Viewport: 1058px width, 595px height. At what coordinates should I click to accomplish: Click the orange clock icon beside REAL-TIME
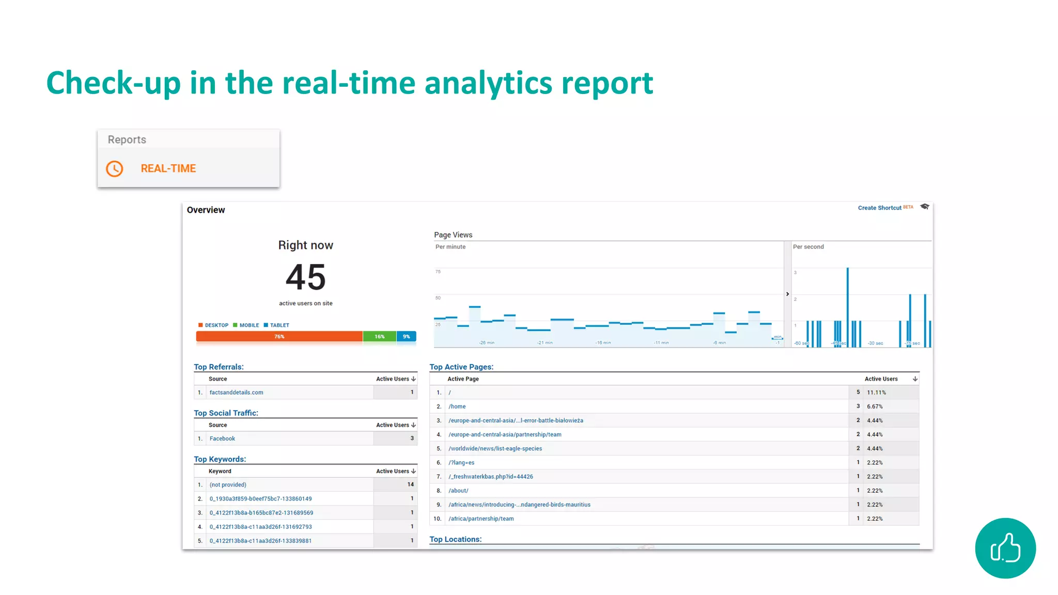pyautogui.click(x=114, y=169)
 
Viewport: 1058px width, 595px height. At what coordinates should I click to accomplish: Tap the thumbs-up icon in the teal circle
pyautogui.click(x=1005, y=548)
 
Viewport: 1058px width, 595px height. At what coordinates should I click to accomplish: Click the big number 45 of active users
pyautogui.click(x=306, y=277)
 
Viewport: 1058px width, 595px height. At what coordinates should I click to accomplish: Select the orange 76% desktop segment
pyautogui.click(x=279, y=337)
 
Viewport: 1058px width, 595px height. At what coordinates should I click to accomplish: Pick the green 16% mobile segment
pyautogui.click(x=380, y=337)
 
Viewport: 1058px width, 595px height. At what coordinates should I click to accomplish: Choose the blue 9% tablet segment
pyautogui.click(x=407, y=337)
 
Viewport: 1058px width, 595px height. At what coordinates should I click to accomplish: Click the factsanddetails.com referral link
pyautogui.click(x=236, y=393)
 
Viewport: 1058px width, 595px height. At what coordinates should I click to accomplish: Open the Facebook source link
pyautogui.click(x=222, y=439)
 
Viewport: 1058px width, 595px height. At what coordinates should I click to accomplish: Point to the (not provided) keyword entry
pyautogui.click(x=228, y=484)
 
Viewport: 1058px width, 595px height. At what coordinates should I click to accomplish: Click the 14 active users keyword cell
pyautogui.click(x=410, y=484)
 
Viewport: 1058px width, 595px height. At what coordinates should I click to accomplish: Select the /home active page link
pyautogui.click(x=457, y=406)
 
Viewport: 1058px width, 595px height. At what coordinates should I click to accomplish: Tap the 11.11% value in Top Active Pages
pyautogui.click(x=876, y=393)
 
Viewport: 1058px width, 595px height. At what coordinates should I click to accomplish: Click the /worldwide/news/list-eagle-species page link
pyautogui.click(x=495, y=448)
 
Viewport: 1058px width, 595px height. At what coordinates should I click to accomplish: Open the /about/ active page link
pyautogui.click(x=458, y=491)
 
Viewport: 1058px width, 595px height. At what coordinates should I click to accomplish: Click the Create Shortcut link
pyautogui.click(x=879, y=208)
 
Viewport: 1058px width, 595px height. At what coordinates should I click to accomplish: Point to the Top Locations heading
pyautogui.click(x=455, y=539)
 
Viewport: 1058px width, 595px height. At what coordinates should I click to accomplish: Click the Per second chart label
pyautogui.click(x=808, y=247)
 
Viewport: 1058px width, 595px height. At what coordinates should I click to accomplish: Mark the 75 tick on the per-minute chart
pyautogui.click(x=438, y=272)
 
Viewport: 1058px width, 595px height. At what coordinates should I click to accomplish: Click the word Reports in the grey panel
pyautogui.click(x=127, y=140)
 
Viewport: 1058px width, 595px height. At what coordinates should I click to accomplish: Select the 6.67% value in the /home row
pyautogui.click(x=875, y=406)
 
